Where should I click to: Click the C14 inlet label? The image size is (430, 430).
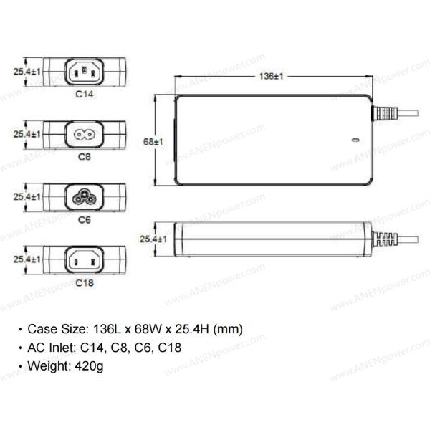(x=85, y=94)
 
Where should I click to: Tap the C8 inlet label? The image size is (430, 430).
(x=85, y=156)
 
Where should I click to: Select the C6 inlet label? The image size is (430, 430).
(x=85, y=220)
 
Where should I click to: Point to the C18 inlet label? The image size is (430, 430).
(x=85, y=283)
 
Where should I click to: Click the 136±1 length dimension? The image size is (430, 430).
(x=271, y=76)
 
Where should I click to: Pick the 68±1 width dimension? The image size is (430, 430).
(x=153, y=141)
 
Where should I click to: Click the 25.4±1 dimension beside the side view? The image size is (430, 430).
(x=153, y=239)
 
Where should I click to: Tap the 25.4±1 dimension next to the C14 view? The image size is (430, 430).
(x=27, y=72)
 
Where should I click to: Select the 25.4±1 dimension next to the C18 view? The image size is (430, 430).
(x=27, y=259)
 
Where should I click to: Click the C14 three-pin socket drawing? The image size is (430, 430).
(x=85, y=72)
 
